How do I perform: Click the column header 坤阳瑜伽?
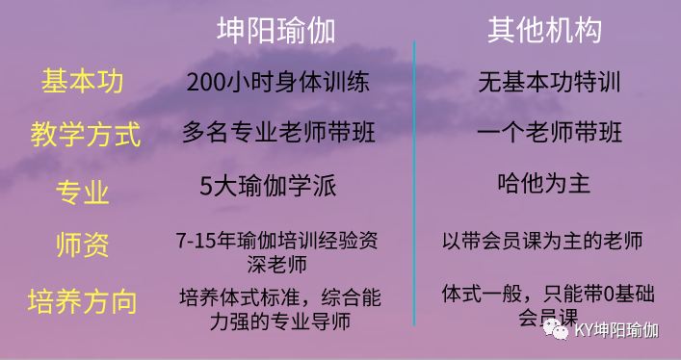coord(275,31)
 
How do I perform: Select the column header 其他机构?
coord(544,31)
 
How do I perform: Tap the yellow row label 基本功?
coord(83,81)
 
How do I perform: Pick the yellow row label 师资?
coord(83,245)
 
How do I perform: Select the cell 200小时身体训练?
coord(276,82)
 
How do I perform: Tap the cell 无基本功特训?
coord(545,81)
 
